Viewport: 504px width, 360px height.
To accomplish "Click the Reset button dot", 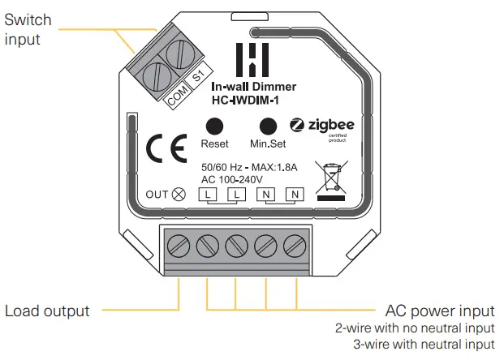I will (214, 126).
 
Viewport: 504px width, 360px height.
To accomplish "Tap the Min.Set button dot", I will (268, 126).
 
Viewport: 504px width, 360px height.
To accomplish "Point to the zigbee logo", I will (322, 126).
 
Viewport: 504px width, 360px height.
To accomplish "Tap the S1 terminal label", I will (198, 79).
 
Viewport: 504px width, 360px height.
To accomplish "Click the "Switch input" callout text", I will (27, 29).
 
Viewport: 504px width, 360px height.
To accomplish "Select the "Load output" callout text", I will (47, 311).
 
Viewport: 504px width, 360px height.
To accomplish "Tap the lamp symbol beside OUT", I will (179, 194).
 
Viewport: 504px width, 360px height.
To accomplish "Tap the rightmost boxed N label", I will (295, 195).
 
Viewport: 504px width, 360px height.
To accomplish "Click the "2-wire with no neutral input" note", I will (414, 329).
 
